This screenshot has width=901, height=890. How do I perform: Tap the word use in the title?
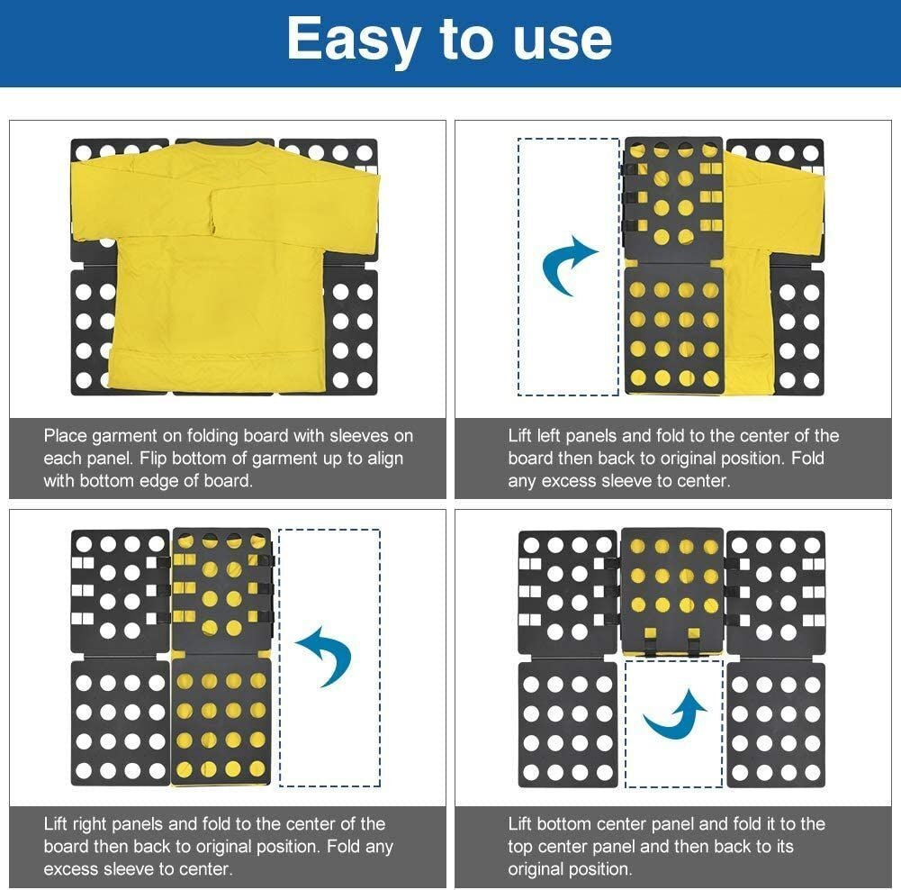click(x=563, y=41)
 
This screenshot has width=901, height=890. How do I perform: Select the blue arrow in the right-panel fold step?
click(x=326, y=656)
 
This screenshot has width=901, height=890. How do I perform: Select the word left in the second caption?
click(x=549, y=436)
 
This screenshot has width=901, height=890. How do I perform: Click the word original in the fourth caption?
click(x=541, y=868)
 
